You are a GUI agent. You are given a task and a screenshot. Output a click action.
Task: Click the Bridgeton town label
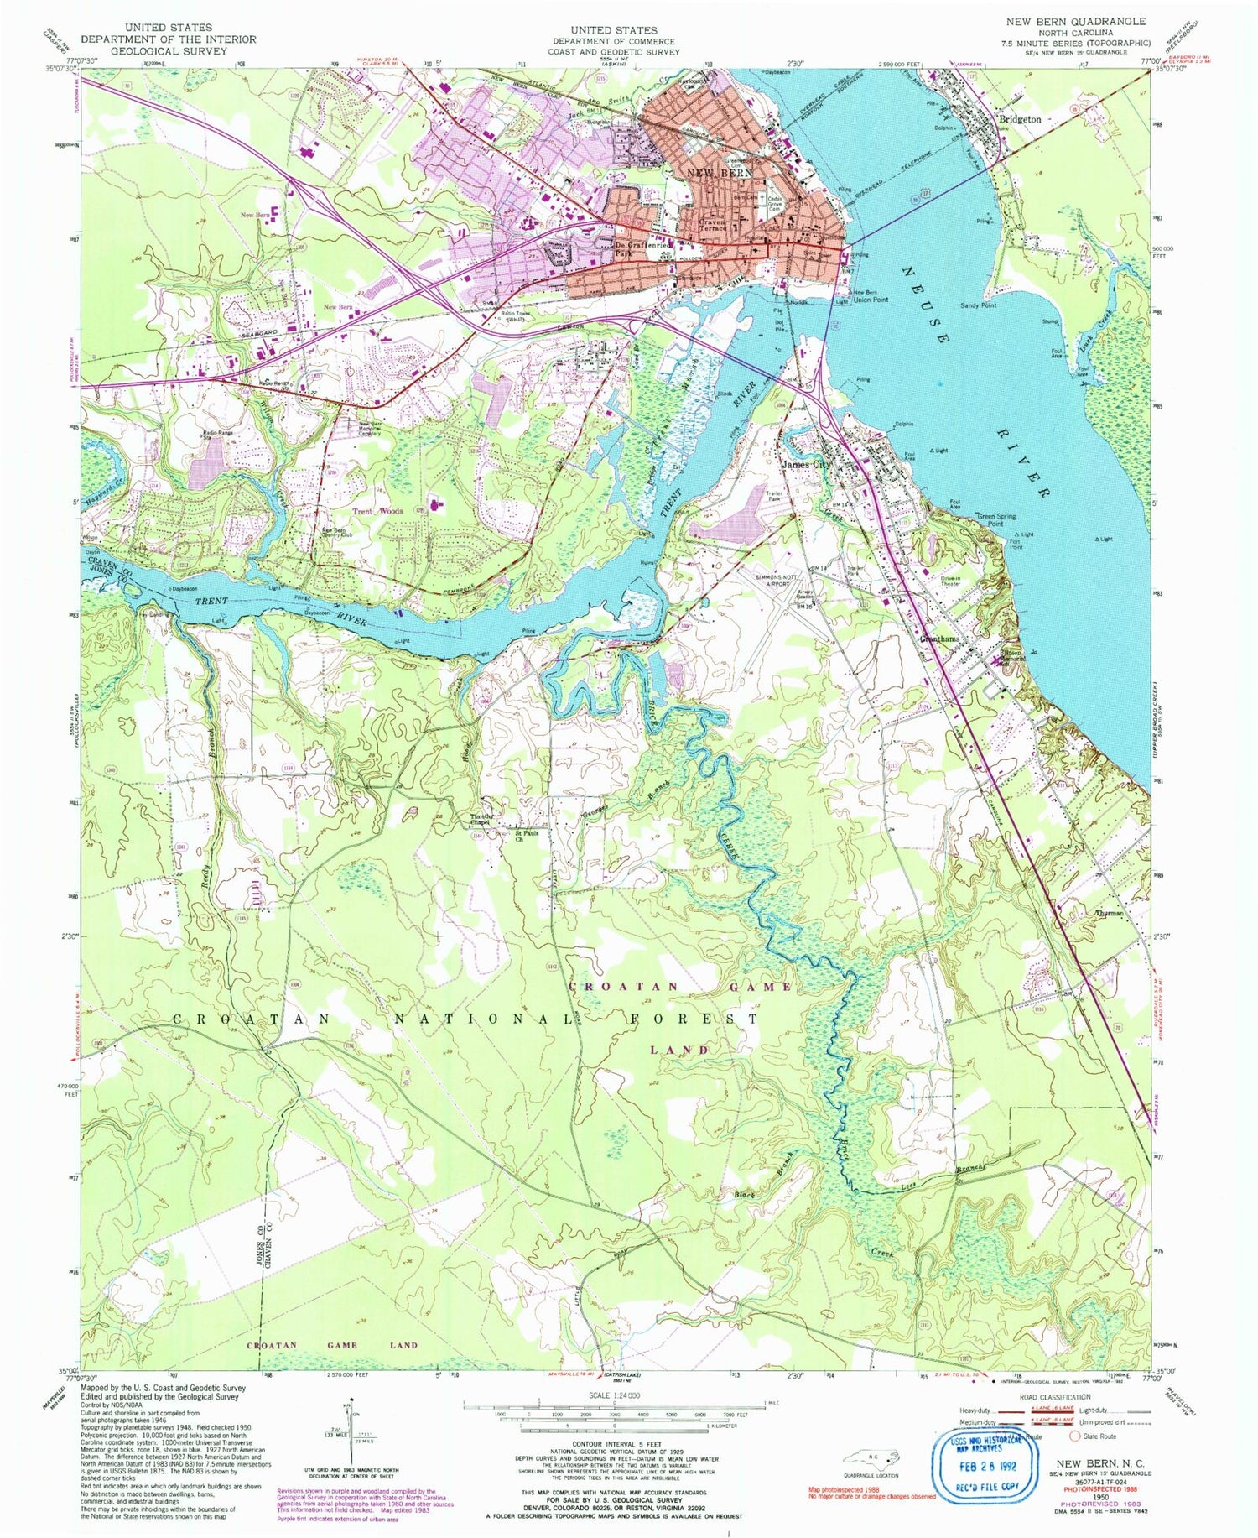[x=1019, y=119]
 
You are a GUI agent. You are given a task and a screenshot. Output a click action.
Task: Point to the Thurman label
[x=1109, y=912]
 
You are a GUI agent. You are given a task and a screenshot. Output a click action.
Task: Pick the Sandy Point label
[x=978, y=306]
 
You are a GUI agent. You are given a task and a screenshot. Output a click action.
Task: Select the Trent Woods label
[x=377, y=510]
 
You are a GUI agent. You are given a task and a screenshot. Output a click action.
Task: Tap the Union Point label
[x=871, y=299]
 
